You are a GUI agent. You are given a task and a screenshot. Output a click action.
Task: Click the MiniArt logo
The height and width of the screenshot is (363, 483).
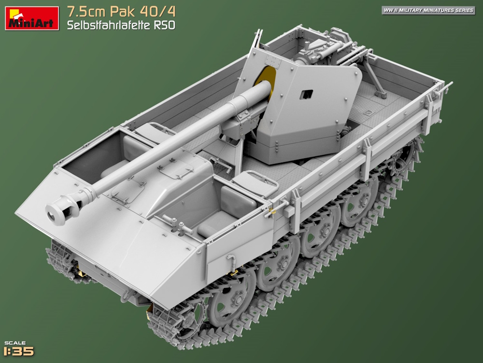pyautogui.click(x=32, y=18)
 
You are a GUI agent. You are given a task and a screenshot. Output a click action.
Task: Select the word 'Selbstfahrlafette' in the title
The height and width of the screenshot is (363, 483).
pyautogui.click(x=107, y=25)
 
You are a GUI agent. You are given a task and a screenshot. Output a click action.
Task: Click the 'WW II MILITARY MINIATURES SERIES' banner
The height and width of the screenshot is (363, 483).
pyautogui.click(x=428, y=10)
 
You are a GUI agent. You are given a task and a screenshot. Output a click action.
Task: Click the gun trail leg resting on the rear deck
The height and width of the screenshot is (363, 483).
pyautogui.click(x=374, y=77)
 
